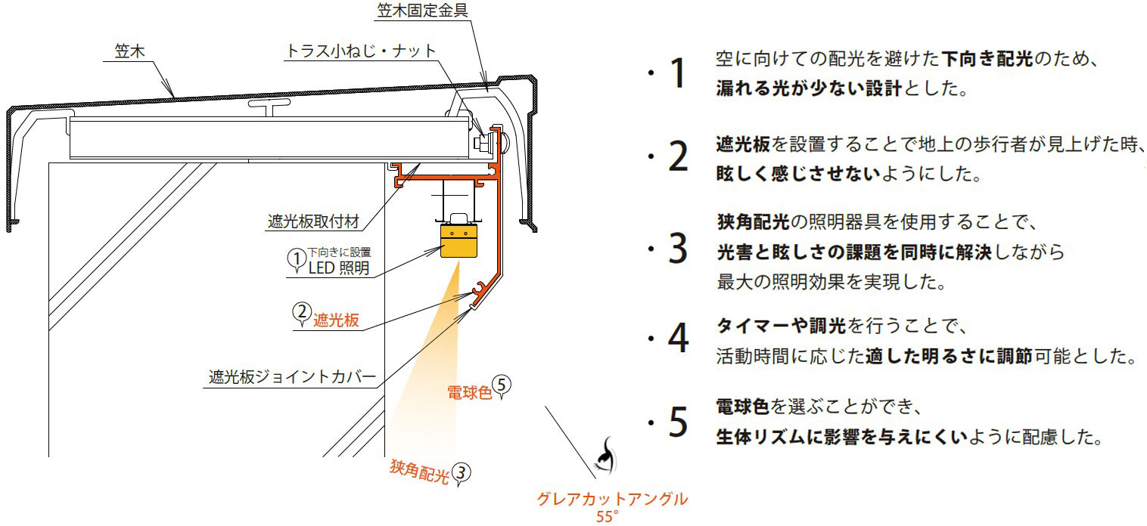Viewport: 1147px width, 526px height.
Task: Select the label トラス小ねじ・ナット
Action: tap(361, 51)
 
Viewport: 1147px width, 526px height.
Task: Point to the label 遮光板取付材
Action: tap(312, 222)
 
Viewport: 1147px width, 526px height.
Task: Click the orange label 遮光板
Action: tap(336, 320)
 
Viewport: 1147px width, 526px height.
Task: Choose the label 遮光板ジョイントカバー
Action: tap(292, 376)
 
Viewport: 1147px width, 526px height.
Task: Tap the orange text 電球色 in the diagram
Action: tap(469, 391)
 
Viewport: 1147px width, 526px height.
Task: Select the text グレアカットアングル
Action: tap(612, 500)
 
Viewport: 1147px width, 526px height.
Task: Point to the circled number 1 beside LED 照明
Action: tap(294, 258)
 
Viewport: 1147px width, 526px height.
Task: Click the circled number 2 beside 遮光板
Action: tap(301, 312)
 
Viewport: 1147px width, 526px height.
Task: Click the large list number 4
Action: tap(678, 339)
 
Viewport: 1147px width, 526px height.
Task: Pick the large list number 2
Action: tap(678, 157)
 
